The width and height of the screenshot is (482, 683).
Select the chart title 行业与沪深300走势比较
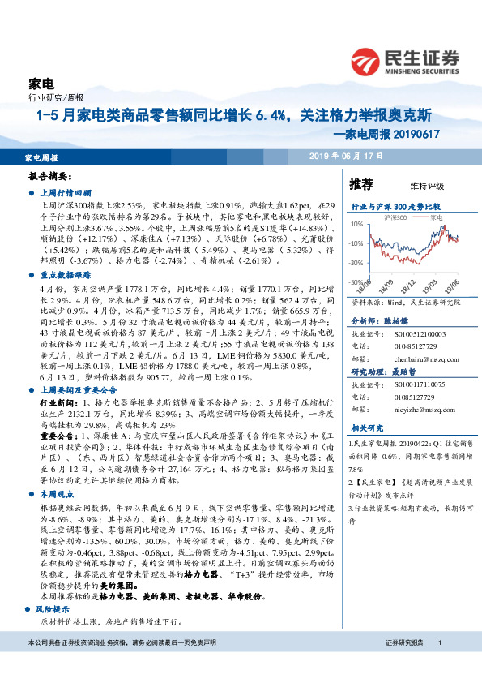point(395,207)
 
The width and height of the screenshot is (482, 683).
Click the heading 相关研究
point(365,427)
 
